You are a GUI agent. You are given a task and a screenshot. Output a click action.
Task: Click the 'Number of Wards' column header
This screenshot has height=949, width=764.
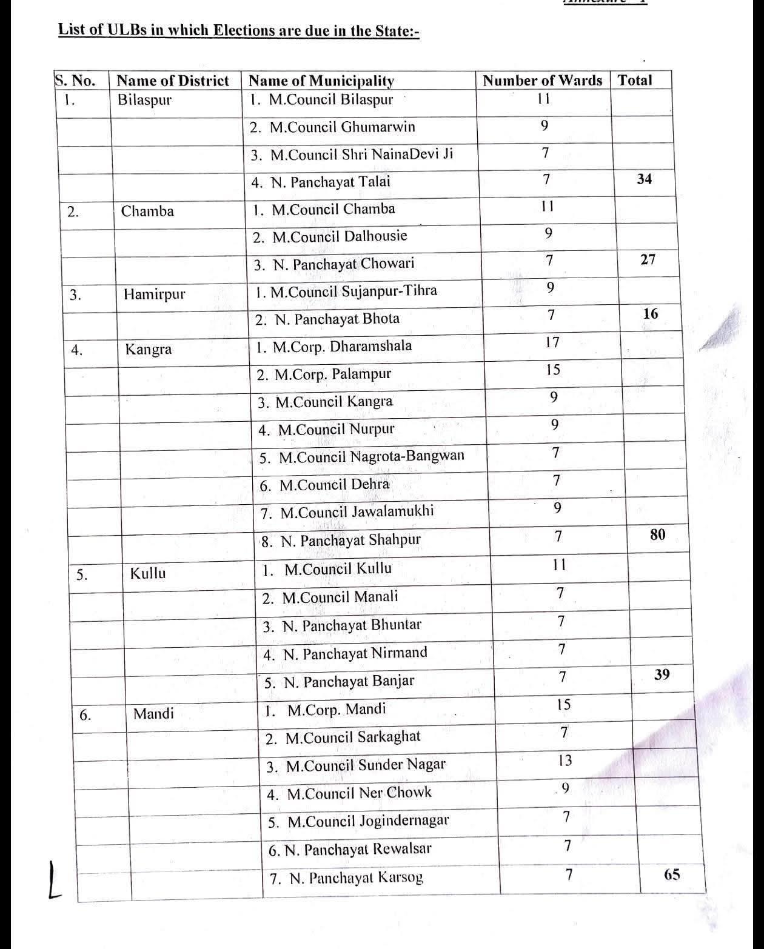pyautogui.click(x=542, y=81)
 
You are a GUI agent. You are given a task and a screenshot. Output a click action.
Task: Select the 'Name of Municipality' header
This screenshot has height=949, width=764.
pyautogui.click(x=321, y=81)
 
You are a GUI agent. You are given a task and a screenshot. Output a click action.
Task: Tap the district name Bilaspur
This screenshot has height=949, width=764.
pyautogui.click(x=144, y=99)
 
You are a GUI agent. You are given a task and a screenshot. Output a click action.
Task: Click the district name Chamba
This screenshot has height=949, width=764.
pyautogui.click(x=147, y=211)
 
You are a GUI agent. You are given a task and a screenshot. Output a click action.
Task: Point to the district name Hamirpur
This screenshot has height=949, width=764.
pyautogui.click(x=154, y=295)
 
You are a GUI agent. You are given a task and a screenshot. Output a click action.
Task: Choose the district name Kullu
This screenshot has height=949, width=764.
pyautogui.click(x=147, y=573)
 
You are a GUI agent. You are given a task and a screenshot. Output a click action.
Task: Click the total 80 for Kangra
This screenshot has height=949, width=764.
pyautogui.click(x=657, y=534)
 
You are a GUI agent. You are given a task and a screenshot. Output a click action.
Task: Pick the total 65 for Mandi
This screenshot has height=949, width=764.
pyautogui.click(x=672, y=874)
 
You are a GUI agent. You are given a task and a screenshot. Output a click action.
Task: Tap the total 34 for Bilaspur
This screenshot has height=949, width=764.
pyautogui.click(x=645, y=179)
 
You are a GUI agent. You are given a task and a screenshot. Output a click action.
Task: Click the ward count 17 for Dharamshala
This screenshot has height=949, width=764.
pyautogui.click(x=552, y=342)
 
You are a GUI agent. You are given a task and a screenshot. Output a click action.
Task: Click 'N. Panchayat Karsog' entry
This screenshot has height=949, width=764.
pyautogui.click(x=346, y=877)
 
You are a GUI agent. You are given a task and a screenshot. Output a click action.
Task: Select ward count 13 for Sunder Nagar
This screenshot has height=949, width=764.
pyautogui.click(x=565, y=761)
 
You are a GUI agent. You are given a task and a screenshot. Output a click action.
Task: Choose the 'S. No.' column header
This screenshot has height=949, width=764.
pyautogui.click(x=75, y=81)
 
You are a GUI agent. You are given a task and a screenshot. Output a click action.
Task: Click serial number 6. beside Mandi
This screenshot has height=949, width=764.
pyautogui.click(x=85, y=715)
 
